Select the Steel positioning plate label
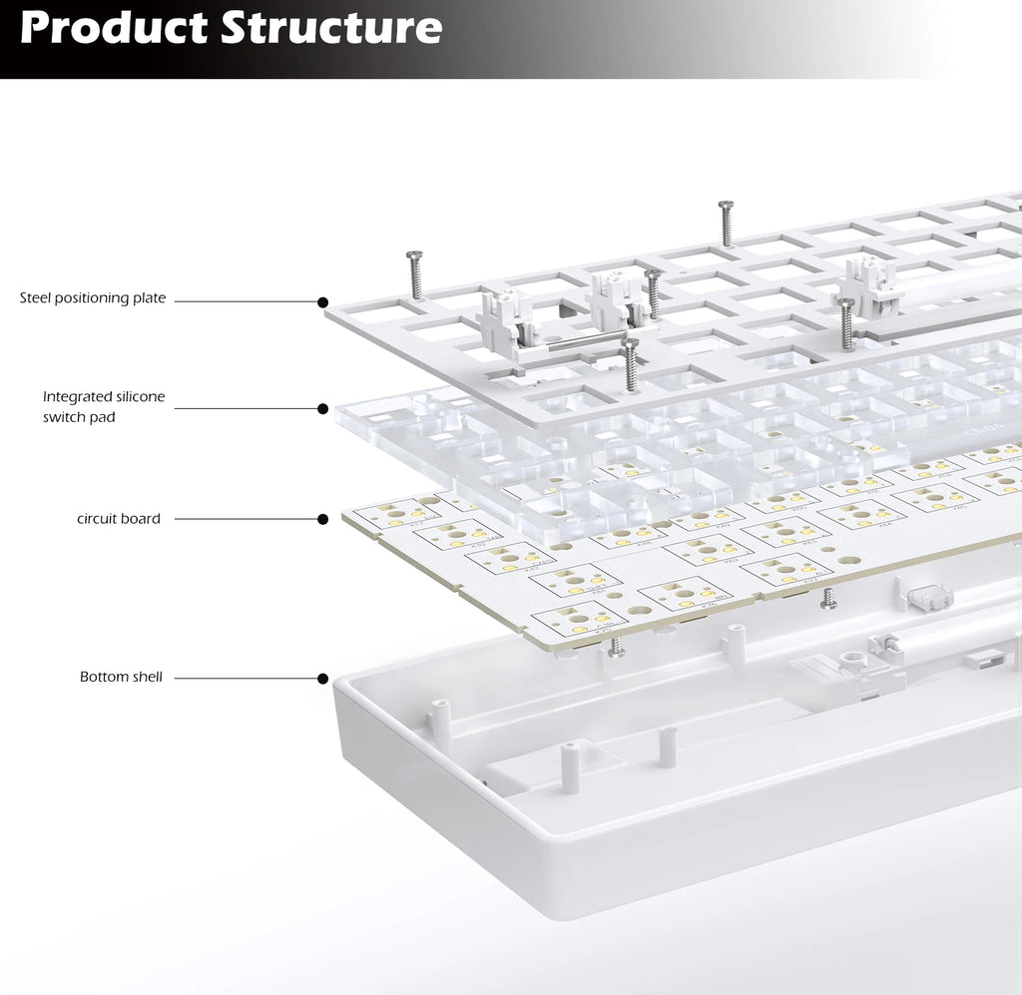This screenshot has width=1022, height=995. click(x=93, y=298)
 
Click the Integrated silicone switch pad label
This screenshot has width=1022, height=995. click(x=103, y=407)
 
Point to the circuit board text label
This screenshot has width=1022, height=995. click(x=119, y=519)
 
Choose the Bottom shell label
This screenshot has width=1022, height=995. click(x=121, y=678)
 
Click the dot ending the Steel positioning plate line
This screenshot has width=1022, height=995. click(x=322, y=301)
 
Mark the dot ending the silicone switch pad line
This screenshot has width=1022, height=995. click(x=322, y=409)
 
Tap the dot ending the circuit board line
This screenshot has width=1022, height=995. click(x=322, y=519)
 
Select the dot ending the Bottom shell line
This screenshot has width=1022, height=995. click(x=322, y=679)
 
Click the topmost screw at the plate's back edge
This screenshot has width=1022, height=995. click(x=726, y=223)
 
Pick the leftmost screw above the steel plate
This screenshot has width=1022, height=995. click(x=414, y=274)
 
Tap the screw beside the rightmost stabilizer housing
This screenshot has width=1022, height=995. click(x=846, y=324)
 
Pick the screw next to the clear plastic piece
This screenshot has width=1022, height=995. click(x=827, y=598)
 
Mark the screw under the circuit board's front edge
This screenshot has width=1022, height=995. click(x=617, y=646)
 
